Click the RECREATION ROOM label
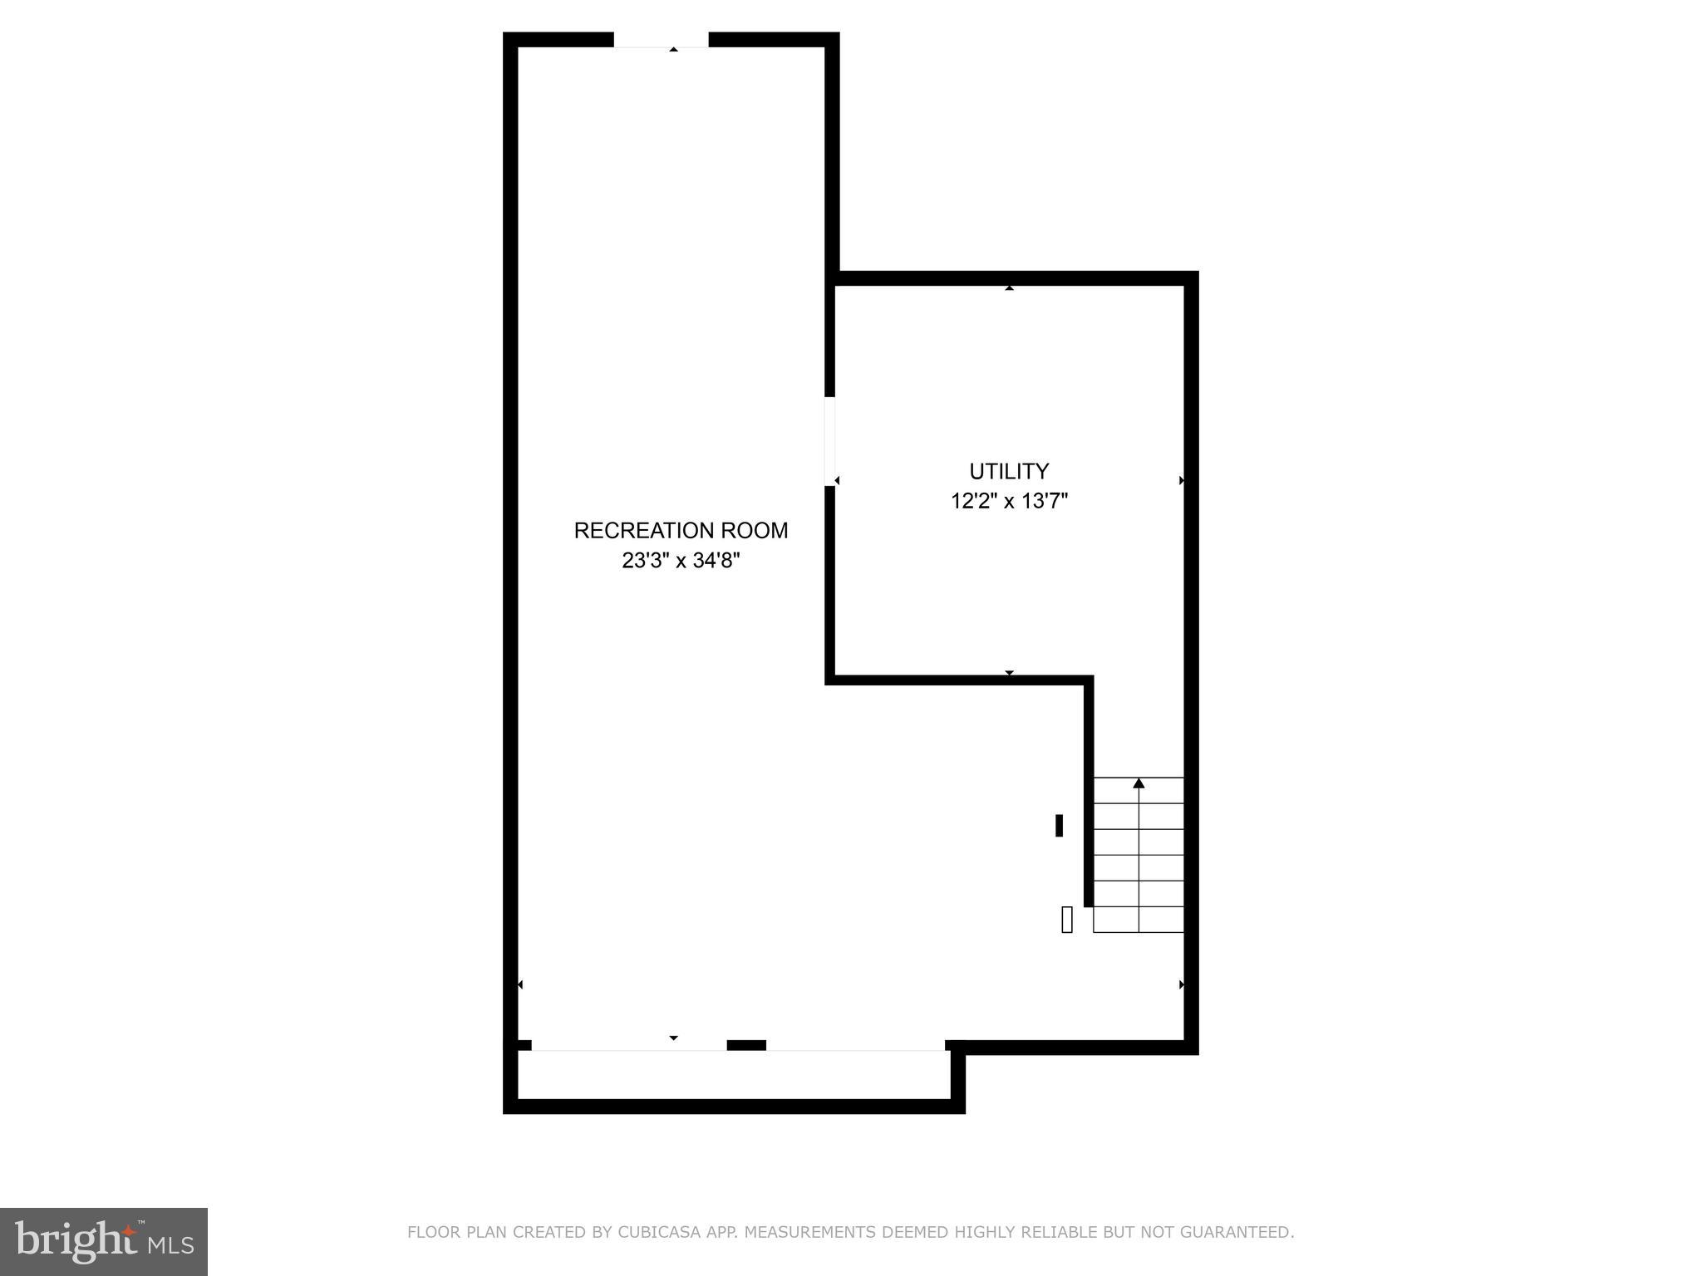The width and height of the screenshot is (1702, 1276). pos(681,530)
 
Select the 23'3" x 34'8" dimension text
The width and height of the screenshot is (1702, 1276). pos(681,561)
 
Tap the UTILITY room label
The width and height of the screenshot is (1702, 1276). pos(1009,471)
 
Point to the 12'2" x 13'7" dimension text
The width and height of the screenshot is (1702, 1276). pos(1009,501)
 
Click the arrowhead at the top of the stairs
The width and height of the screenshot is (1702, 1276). pos(1139,783)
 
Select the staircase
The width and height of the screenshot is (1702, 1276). pos(1139,856)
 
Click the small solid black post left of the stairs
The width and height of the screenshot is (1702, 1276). pos(1059,826)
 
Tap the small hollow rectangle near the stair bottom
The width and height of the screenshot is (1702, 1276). pos(1067,920)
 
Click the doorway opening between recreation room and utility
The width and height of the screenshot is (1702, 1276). pos(829,441)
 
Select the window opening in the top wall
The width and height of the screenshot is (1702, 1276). pos(661,40)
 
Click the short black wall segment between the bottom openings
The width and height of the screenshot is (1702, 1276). pos(746,1045)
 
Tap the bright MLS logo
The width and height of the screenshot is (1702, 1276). pos(104,1242)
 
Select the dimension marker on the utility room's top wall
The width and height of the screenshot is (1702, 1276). pos(1009,288)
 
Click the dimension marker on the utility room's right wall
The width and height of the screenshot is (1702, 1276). pos(1181,480)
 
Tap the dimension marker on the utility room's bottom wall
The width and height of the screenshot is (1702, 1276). pos(1009,672)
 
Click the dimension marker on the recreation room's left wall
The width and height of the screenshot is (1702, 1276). pos(520,984)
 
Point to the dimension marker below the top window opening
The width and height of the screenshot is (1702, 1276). pos(673,50)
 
